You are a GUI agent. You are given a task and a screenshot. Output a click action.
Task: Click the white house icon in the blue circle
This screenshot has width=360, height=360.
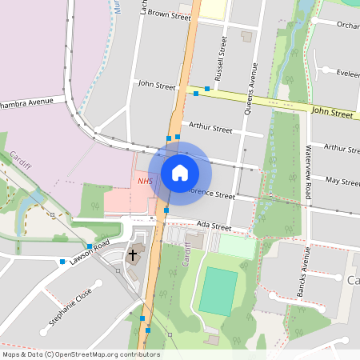pos(179,173)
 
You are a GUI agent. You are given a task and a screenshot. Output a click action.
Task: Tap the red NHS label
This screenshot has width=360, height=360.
pos(145,182)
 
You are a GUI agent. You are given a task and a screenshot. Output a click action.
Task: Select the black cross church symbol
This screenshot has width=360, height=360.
pos(134,254)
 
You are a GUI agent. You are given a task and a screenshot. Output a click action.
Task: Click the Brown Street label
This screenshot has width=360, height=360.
pos(169,15)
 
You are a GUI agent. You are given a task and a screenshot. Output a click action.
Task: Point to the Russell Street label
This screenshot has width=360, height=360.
pos(222,53)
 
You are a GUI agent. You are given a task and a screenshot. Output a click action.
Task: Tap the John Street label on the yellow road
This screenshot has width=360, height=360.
pos(331,114)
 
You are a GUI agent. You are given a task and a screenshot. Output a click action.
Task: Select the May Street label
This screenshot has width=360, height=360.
pos(343,181)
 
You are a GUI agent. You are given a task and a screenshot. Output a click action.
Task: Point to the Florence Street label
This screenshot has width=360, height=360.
pos(209,194)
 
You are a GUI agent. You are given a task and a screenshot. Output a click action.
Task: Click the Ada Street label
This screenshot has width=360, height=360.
pos(213,226)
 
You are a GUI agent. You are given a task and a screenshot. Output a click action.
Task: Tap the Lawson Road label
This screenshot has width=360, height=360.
pos(88,254)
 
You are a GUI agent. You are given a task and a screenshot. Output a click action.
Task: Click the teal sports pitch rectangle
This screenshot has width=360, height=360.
pos(218,291)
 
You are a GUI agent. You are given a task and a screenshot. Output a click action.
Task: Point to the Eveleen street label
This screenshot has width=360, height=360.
pos(347,73)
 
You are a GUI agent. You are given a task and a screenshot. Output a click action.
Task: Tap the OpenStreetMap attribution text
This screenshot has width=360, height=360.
pos(80,354)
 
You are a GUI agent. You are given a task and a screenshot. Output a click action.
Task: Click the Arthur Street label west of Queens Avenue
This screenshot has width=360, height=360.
pos(210,128)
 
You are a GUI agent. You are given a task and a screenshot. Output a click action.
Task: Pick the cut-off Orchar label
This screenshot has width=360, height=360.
pos(347,25)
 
